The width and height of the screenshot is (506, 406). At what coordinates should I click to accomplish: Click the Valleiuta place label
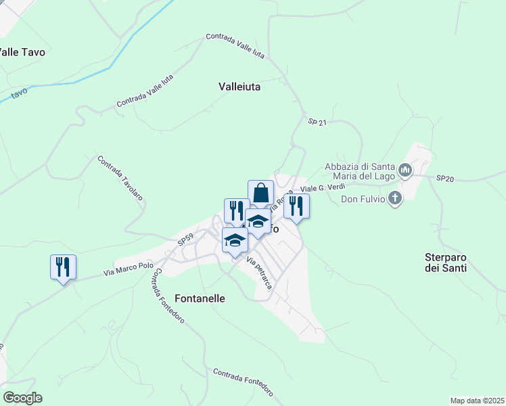pyautogui.click(x=239, y=87)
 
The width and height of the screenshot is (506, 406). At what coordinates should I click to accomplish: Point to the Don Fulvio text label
pyautogui.click(x=363, y=198)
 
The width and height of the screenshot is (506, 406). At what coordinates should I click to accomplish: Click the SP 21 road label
pyautogui.click(x=317, y=122)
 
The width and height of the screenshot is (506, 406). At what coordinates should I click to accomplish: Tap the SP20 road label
pyautogui.click(x=444, y=178)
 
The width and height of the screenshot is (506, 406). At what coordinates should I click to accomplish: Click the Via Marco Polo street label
pyautogui.click(x=129, y=269)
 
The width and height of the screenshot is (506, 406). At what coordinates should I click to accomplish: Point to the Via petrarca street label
pyautogui.click(x=259, y=273)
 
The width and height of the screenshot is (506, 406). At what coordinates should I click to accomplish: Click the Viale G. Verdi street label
pyautogui.click(x=323, y=187)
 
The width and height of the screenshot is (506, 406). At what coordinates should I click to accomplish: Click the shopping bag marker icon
pyautogui.click(x=260, y=192)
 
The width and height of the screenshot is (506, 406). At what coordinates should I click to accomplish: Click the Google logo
pyautogui.click(x=22, y=398)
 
